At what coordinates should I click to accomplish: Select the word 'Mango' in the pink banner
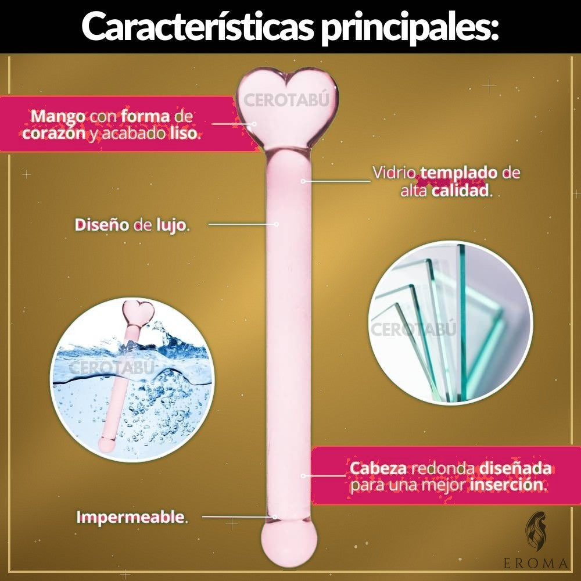pyautogui.click(x=58, y=117)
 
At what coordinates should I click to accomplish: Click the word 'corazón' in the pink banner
pyautogui.click(x=54, y=133)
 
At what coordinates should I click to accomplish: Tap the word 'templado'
pyautogui.click(x=459, y=173)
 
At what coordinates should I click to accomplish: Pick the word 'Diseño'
pyautogui.click(x=102, y=225)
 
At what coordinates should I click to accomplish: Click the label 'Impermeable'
pyautogui.click(x=130, y=517)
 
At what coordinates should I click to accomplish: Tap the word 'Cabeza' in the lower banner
pyautogui.click(x=378, y=468)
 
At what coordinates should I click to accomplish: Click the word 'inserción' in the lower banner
pyautogui.click(x=506, y=485)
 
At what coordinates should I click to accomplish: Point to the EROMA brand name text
pyautogui.click(x=536, y=564)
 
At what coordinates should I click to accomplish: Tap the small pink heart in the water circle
pyautogui.click(x=138, y=314)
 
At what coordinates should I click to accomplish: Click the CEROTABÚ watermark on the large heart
pyautogui.click(x=286, y=101)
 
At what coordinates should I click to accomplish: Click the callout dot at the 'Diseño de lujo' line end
pyautogui.click(x=276, y=224)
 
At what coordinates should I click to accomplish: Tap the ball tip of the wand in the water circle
pyautogui.click(x=106, y=444)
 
